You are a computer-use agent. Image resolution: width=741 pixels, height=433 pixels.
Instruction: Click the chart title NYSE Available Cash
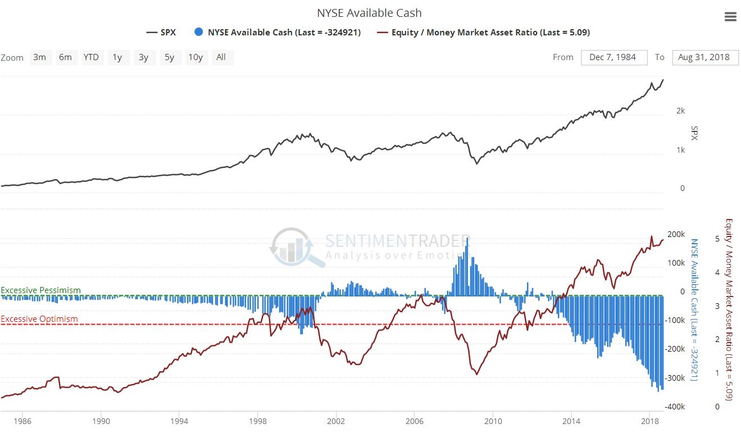pos(370,12)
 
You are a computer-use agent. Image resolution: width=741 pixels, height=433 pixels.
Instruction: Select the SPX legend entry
pos(162,33)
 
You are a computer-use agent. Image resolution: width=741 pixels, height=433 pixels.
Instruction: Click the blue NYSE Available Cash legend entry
pos(278,33)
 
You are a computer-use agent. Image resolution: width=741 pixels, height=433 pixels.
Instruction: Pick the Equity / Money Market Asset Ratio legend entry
pos(484,33)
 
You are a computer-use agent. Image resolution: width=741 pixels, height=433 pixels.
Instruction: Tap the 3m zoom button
pos(39,57)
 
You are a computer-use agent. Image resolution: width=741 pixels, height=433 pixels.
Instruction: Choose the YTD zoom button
pos(91,57)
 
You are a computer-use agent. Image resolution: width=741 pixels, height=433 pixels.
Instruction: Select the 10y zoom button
pos(196,57)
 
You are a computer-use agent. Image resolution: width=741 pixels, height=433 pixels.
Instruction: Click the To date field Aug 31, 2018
pos(704,57)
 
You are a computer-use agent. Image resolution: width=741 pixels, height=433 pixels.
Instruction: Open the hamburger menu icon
pos(730,17)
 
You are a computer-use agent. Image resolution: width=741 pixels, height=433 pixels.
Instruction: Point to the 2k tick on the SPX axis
pos(680,111)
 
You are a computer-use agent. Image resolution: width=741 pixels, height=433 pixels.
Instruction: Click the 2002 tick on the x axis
pos(336,421)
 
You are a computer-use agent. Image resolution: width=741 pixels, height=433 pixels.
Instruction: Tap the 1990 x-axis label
pos(101,421)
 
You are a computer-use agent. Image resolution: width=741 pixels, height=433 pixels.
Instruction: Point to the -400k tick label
pos(674,407)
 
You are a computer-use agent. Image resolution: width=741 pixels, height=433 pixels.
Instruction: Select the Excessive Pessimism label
pos(40,290)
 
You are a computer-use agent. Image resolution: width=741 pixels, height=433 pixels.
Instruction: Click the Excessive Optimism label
pos(39,319)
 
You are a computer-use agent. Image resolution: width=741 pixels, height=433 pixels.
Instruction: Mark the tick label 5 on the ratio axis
pos(717,239)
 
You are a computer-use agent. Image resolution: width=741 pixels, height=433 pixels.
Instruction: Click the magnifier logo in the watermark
pos(290,247)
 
